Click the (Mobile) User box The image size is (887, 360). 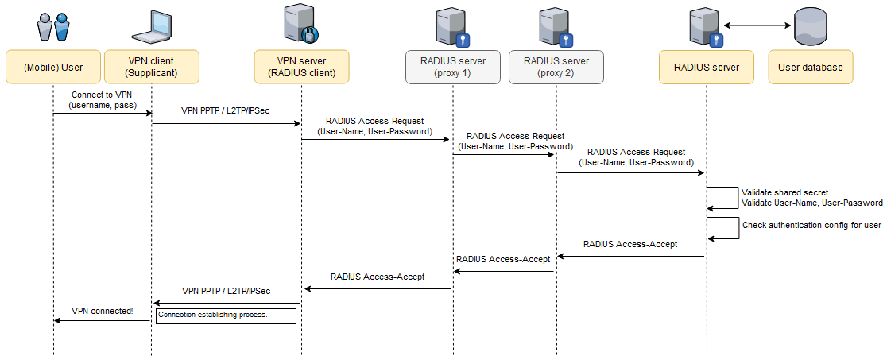(53, 68)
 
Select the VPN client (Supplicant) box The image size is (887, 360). (151, 68)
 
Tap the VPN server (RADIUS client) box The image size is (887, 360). (301, 68)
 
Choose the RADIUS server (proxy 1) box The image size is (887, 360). (453, 68)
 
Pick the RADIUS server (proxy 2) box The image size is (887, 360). (556, 68)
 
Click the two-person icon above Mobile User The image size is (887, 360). (53, 25)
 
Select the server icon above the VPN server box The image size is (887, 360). (300, 23)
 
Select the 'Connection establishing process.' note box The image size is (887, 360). (227, 315)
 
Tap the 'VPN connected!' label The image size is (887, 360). (103, 311)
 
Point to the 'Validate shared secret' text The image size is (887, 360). (784, 192)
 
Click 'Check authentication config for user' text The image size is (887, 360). (811, 225)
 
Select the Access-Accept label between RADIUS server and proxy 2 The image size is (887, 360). (629, 244)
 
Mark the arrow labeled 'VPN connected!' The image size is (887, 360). (102, 320)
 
